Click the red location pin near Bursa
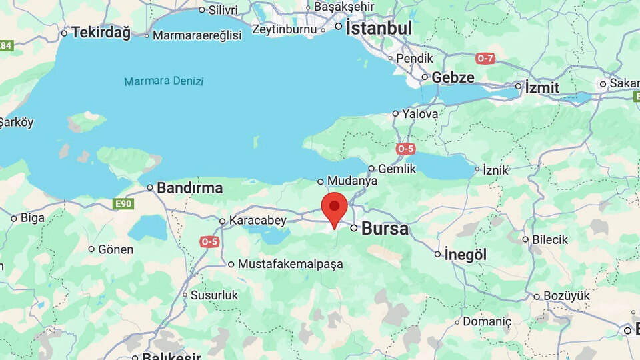coord(334,207)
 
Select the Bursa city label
coord(385,229)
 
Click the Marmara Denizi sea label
coord(163,81)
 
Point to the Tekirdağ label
coord(101,32)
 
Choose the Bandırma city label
coord(189,188)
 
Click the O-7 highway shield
coord(485,59)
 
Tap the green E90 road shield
coord(123,203)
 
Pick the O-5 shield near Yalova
coord(405,149)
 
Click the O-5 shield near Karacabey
coord(209,241)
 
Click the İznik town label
coord(496,170)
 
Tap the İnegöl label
coord(466,255)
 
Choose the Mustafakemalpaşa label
coord(290,264)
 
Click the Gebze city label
coord(453,77)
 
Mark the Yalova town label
coord(420,114)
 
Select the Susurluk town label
coord(214,295)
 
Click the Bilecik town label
coord(549,239)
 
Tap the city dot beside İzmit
coord(518,86)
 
